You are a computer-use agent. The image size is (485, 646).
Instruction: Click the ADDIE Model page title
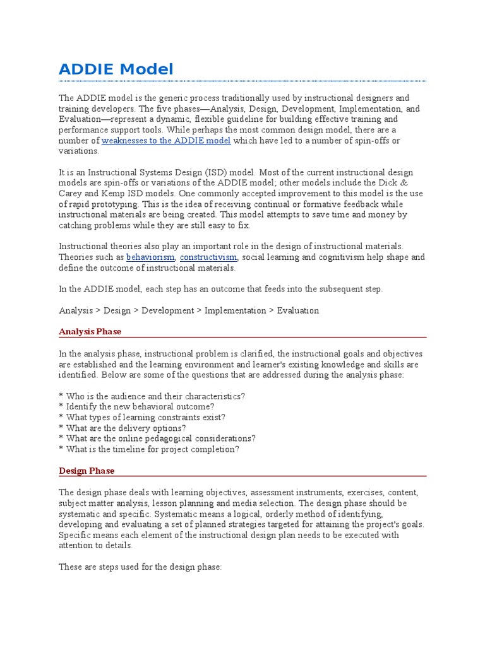point(116,69)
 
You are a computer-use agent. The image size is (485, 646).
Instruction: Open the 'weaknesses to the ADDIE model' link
point(166,141)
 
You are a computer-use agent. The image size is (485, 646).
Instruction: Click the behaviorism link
point(150,257)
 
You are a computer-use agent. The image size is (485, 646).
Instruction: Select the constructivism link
point(208,257)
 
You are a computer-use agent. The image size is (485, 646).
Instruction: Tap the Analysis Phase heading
point(90,331)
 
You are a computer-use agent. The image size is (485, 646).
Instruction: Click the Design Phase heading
point(87,471)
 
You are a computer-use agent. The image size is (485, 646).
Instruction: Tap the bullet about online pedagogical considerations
point(157,439)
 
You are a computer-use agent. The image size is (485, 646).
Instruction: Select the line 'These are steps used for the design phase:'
point(140,567)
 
